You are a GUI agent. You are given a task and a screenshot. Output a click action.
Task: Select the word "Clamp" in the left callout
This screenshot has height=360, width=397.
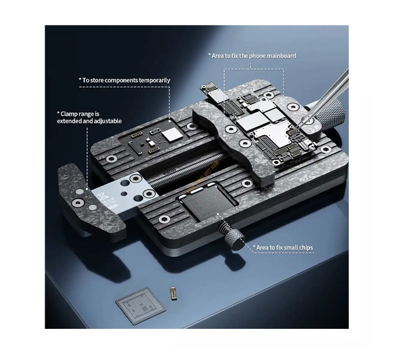pyautogui.click(x=69, y=114)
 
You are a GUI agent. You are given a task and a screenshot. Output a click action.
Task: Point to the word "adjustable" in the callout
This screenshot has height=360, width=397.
pyautogui.click(x=107, y=121)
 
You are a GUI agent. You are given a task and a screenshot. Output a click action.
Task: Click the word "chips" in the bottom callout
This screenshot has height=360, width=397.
pyautogui.click(x=306, y=248)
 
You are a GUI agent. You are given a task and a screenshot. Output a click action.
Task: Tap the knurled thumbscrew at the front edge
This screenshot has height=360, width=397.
pyautogui.click(x=233, y=235)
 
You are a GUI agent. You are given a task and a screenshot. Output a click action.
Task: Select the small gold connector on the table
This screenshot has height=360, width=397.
pyautogui.click(x=173, y=293)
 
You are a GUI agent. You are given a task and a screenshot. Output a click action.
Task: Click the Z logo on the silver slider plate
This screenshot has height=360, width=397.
pyautogui.click(x=103, y=195)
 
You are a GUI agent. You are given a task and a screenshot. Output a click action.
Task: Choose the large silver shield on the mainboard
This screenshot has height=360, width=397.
pyautogui.click(x=271, y=134)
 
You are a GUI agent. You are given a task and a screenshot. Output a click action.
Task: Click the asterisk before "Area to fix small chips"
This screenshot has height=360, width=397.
pyautogui.click(x=254, y=246)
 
